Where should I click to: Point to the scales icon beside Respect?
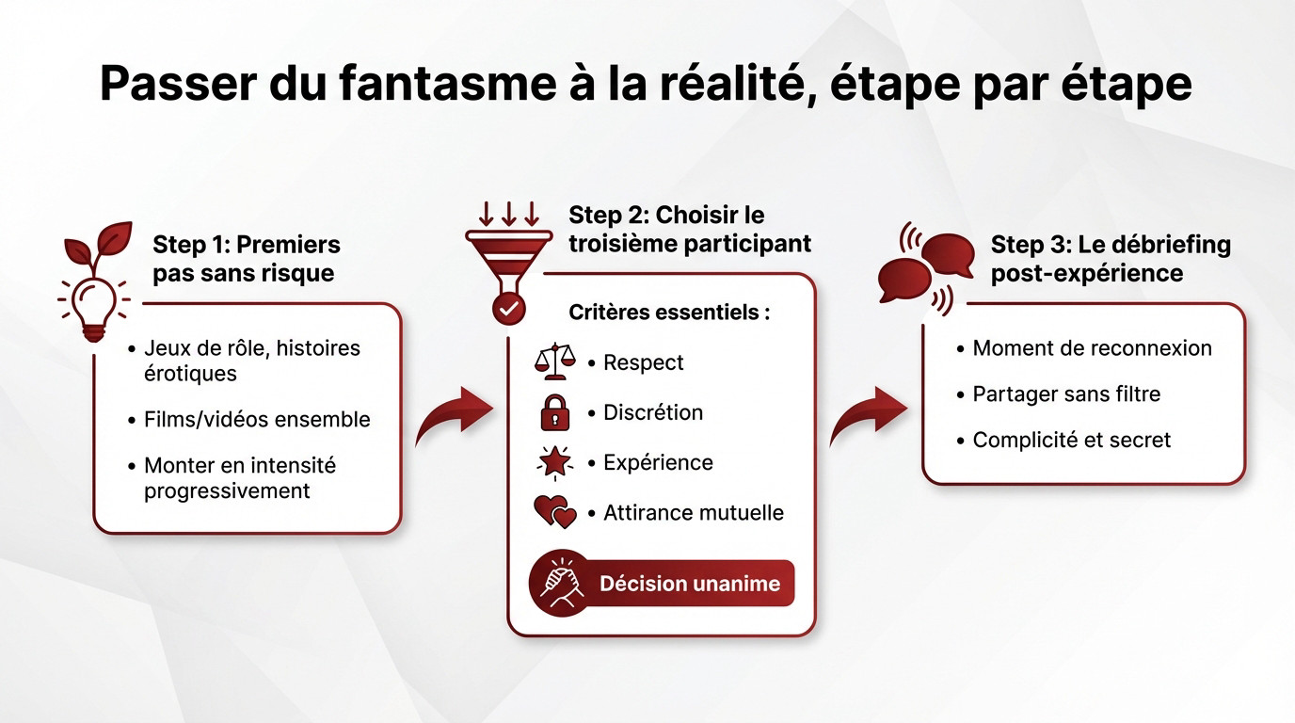554,362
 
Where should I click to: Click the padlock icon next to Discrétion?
554,412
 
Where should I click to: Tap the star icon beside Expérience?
554,462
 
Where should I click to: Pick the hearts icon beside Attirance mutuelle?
554,513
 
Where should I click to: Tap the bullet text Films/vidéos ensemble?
257,420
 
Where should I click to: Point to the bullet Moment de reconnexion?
1092,348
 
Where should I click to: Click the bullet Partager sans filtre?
1066,394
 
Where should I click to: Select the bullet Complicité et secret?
1071,440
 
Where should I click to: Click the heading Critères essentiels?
668,313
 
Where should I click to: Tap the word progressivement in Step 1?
227,491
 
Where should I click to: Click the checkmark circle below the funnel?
510,307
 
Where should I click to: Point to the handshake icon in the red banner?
561,584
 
